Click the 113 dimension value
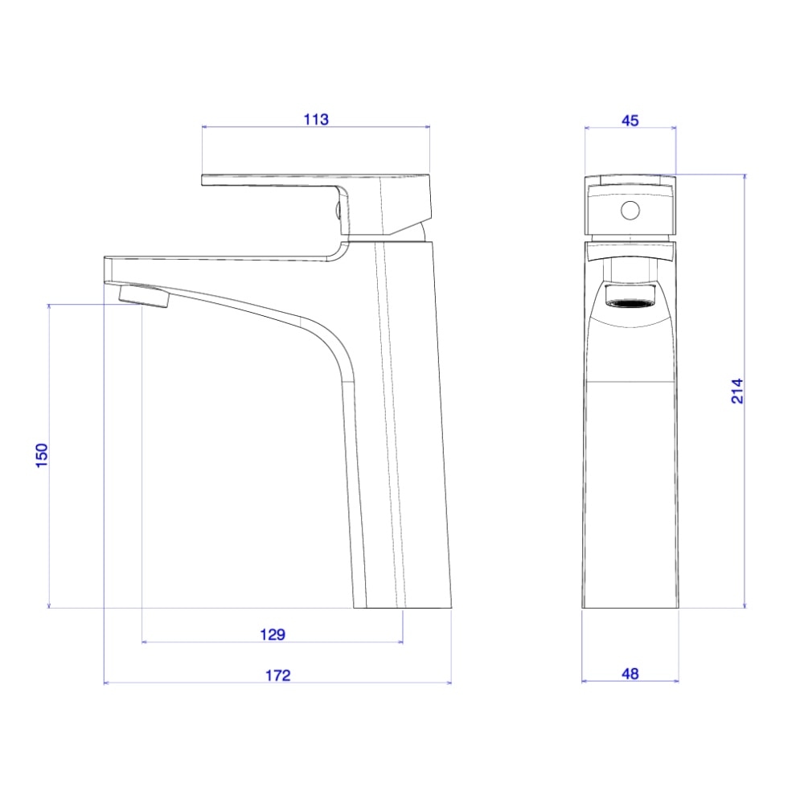point(316,120)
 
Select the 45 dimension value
point(630,120)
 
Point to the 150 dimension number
point(43,455)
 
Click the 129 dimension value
point(273,634)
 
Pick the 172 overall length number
point(277,675)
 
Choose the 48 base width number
point(630,674)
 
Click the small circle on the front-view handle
point(630,211)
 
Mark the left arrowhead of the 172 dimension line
point(107,683)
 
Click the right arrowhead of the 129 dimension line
point(400,642)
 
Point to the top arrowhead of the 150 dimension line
point(50,307)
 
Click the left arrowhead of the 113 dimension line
point(203,127)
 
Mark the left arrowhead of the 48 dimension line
point(585,682)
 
